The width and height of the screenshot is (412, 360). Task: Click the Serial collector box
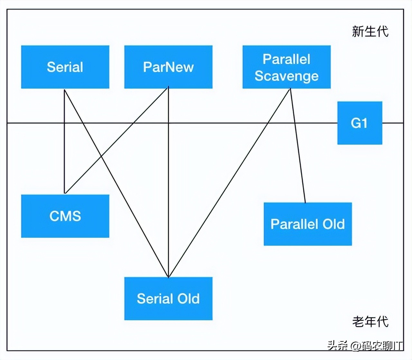click(65, 67)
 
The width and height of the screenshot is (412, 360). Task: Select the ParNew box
click(168, 67)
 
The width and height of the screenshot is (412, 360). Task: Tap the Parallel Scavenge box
click(286, 67)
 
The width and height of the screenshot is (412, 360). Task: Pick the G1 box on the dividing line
click(360, 123)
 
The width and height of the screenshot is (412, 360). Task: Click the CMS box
click(65, 216)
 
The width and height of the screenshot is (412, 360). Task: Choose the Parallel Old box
click(308, 224)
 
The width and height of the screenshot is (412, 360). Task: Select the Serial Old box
click(168, 298)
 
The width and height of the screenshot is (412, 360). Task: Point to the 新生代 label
click(370, 32)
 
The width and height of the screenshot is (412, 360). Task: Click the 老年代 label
click(370, 321)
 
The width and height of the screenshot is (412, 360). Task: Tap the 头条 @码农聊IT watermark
click(365, 346)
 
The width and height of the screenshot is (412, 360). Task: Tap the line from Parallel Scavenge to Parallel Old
click(298, 145)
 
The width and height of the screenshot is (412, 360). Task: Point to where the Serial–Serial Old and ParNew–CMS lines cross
click(101, 156)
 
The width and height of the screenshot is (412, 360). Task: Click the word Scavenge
click(286, 76)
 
